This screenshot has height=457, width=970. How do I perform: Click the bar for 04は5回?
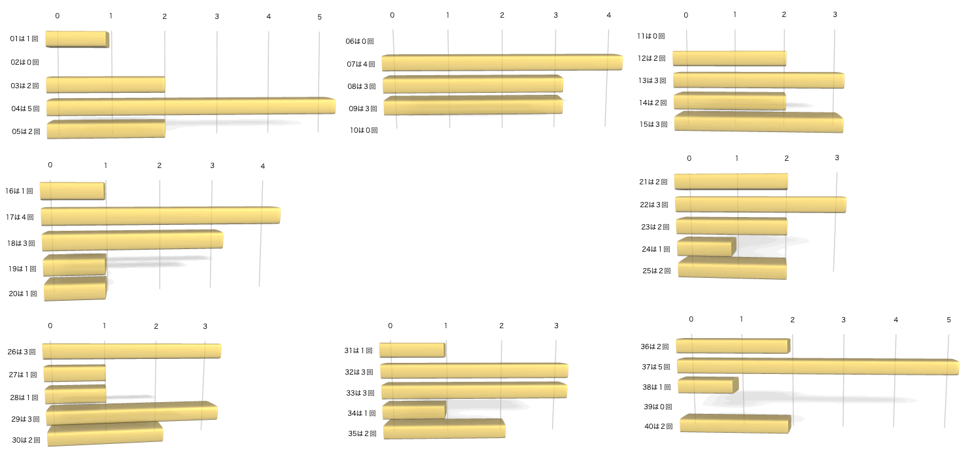[191, 107]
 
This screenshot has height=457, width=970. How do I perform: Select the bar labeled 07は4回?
[502, 62]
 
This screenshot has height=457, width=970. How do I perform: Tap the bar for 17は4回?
[161, 216]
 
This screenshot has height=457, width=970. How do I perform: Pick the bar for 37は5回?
[818, 367]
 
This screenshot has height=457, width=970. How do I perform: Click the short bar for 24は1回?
[706, 246]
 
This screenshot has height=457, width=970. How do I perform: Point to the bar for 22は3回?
[761, 204]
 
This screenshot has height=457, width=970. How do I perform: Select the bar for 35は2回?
[444, 429]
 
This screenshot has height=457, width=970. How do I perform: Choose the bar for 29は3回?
[132, 413]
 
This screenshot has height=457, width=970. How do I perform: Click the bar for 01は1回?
[77, 39]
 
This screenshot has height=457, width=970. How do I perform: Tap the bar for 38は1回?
[708, 384]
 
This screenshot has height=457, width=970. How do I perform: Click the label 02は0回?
[25, 62]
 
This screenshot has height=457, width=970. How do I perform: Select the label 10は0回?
[364, 130]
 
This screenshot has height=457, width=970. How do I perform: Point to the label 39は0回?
[658, 407]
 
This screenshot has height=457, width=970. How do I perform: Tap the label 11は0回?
[651, 36]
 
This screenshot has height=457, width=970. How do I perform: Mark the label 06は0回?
[360, 42]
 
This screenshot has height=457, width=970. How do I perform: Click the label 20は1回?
[23, 294]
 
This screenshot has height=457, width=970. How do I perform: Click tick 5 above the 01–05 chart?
[320, 17]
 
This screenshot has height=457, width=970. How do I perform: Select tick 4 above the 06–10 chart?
[609, 15]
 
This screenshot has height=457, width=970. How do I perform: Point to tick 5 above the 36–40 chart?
[949, 320]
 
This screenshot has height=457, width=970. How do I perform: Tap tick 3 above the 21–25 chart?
[837, 158]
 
